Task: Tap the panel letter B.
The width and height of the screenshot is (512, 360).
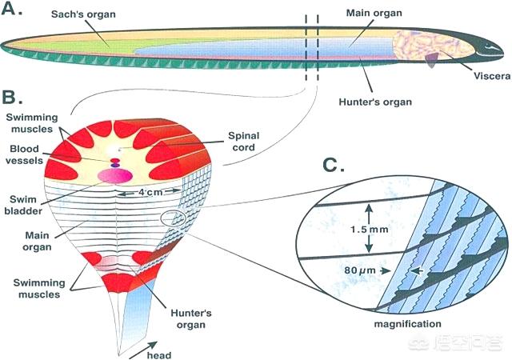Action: coord(12,96)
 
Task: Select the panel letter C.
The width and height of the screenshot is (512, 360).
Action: coord(334,165)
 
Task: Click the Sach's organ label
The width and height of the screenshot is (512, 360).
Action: coord(83,14)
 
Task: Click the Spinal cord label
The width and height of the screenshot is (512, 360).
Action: coord(243,141)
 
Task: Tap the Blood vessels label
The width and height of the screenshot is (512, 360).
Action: coord(24,154)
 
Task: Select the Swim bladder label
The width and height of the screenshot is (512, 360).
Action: coord(23,205)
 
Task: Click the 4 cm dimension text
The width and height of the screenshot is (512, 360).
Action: coord(150,192)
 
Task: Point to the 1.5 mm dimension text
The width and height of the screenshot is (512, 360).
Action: coord(370,230)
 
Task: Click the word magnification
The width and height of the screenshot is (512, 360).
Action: coord(407,324)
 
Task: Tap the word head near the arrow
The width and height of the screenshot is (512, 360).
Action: coord(159,355)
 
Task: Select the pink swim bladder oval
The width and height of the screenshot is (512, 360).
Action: coord(115,176)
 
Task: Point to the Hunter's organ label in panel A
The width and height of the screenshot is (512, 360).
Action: coord(375,102)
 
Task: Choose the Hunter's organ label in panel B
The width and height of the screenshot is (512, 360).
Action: coord(191,319)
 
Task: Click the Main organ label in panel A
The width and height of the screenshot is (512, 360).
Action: coord(374,13)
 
